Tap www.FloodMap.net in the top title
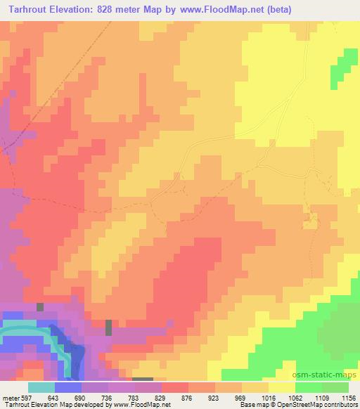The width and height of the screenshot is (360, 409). click(x=216, y=10)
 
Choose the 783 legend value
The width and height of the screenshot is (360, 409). click(x=134, y=398)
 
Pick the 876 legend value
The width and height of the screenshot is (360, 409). click(x=187, y=398)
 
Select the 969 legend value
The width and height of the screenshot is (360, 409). click(x=241, y=398)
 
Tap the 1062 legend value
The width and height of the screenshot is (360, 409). click(x=294, y=398)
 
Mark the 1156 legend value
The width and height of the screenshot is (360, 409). click(x=347, y=398)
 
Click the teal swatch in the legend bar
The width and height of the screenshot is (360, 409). click(x=41, y=387)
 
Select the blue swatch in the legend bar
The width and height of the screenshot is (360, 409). click(x=67, y=387)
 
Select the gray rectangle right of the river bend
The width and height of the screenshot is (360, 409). click(x=108, y=328)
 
